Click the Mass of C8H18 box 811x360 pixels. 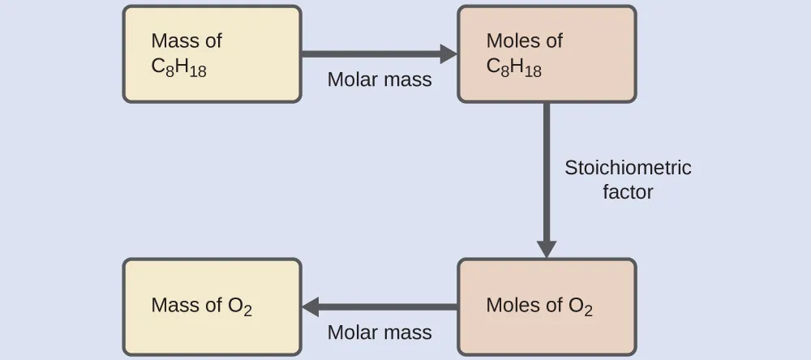tap(212, 54)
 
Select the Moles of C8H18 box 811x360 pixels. tap(547, 54)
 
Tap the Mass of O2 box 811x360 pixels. tap(212, 306)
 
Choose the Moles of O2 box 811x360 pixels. tap(547, 306)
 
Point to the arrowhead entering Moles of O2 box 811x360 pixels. tap(547, 248)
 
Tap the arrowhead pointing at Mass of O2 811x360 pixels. tap(311, 306)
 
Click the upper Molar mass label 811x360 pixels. tap(380, 79)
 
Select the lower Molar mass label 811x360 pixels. tap(380, 332)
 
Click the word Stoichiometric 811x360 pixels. tap(628, 168)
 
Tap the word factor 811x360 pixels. tap(628, 192)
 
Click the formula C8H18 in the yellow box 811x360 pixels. tap(179, 68)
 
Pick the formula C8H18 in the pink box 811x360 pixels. tap(514, 68)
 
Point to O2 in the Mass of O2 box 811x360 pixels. tap(240, 306)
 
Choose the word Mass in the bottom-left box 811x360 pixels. tap(174, 306)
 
